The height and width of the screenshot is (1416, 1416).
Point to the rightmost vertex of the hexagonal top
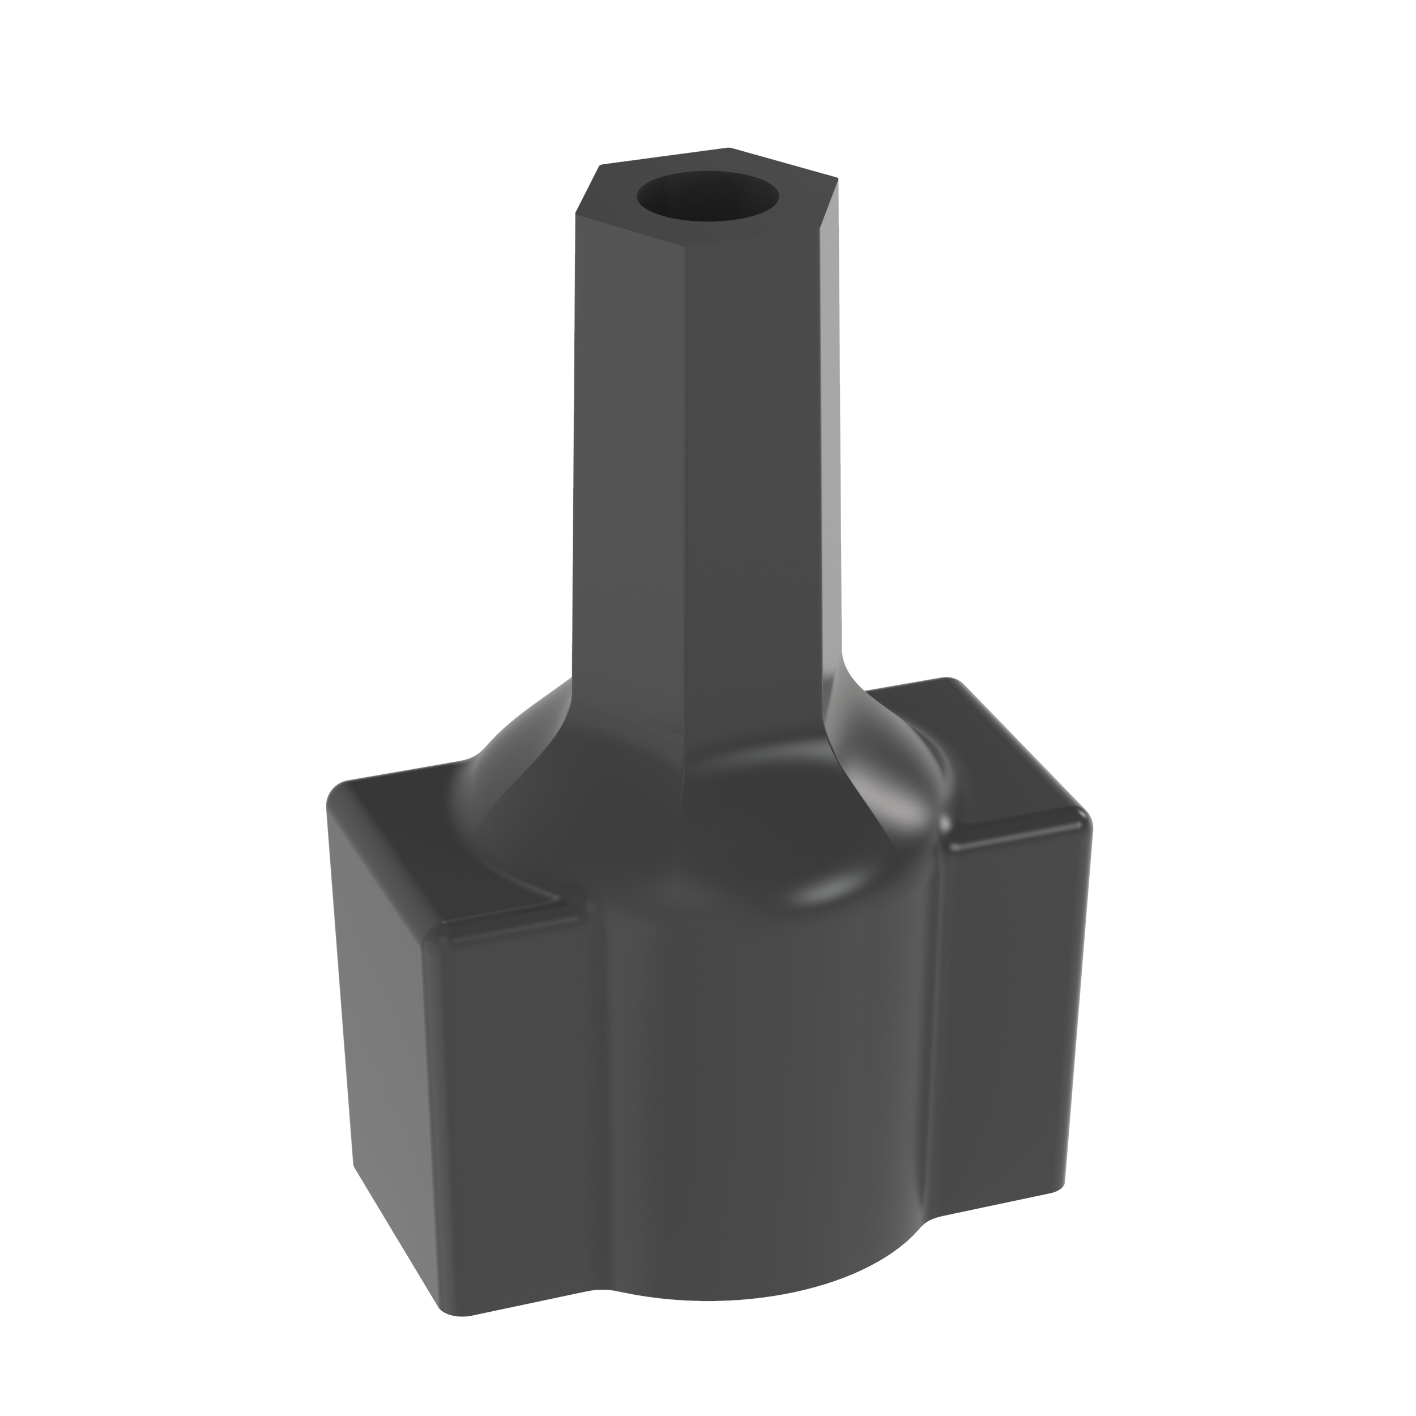pyautogui.click(x=838, y=177)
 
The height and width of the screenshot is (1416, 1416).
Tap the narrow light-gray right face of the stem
pyautogui.click(x=833, y=440)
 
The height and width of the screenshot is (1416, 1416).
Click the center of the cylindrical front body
pyautogui.click(x=762, y=1085)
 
